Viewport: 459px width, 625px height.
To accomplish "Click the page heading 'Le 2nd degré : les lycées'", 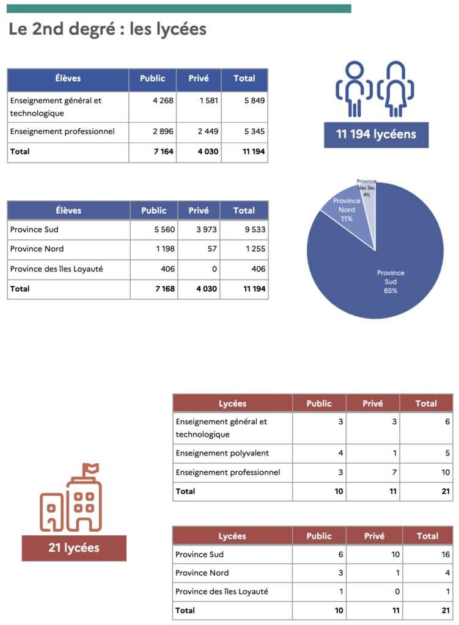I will (108, 29).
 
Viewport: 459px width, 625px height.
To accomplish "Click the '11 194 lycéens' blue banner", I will (376, 134).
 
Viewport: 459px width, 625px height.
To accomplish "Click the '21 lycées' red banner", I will (74, 547).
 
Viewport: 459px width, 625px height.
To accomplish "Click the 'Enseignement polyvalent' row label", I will (222, 453).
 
